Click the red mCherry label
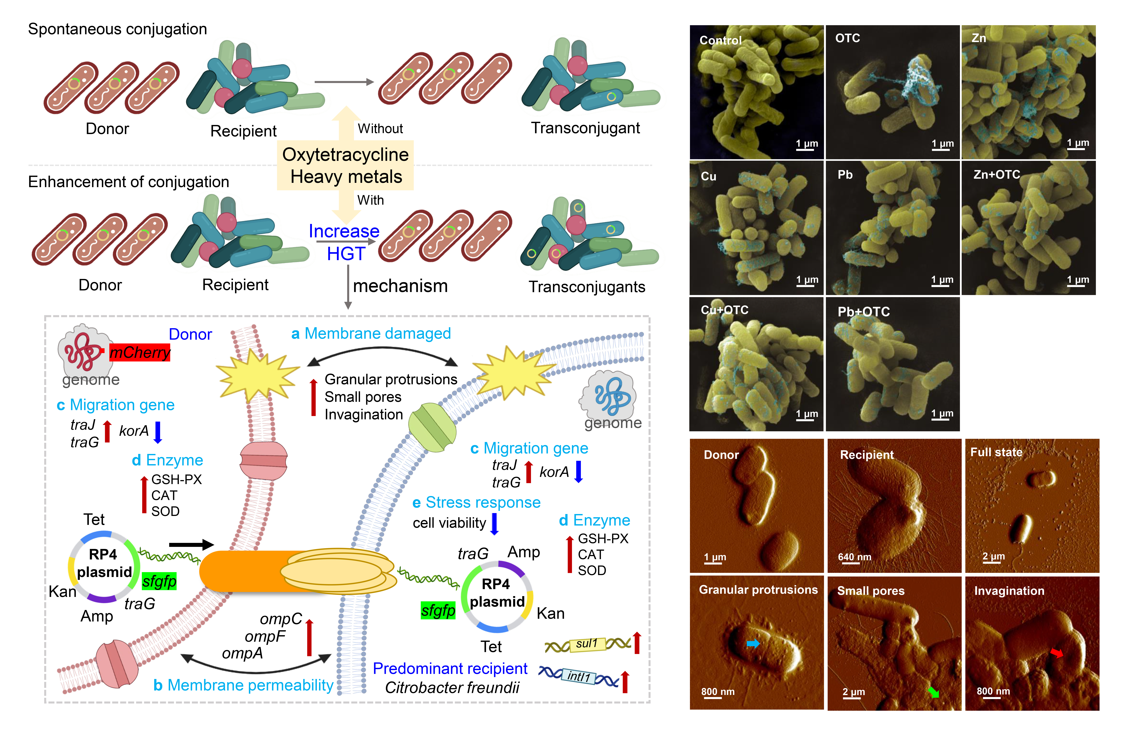140,352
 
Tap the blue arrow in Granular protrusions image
753,643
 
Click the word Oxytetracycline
345,155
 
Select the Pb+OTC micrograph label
863,312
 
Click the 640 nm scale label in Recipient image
854,557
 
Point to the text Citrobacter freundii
452,687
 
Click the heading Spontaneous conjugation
117,29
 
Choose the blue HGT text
346,254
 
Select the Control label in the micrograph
721,40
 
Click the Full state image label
996,452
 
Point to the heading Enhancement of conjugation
128,182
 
